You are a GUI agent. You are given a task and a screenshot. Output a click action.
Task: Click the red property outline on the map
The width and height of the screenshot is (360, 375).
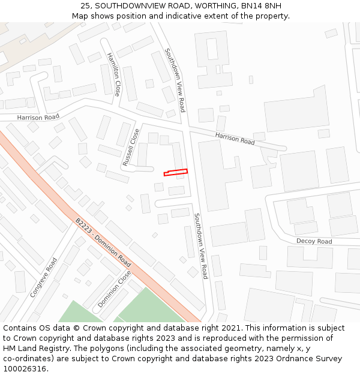pos(176,173)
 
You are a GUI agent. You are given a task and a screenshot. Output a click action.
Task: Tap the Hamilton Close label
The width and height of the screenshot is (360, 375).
pos(113,74)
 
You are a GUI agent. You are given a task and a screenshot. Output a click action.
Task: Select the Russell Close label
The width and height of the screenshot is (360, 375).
pos(131,148)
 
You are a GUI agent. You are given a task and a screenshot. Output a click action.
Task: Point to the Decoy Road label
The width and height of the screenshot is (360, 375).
pos(314,241)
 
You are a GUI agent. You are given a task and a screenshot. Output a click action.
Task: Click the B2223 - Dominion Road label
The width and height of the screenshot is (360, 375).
pos(103,242)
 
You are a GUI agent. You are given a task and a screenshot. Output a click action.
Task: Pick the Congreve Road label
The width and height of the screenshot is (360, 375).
pos(44,278)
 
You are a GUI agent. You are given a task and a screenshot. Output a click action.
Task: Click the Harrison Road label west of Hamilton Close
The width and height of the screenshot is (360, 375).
pos(38,117)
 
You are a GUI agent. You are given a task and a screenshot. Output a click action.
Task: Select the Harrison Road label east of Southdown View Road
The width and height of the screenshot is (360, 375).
pos(235,139)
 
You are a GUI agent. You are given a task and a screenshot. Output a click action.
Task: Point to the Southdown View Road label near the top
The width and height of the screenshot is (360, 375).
pos(175,80)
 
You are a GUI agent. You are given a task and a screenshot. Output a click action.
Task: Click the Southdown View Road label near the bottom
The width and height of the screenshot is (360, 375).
pos(200,245)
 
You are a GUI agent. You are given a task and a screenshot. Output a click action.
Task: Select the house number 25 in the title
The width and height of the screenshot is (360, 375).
pos(86,6)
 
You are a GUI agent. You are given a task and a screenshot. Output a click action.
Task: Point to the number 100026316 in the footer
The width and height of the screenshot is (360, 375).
pos(25,368)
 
